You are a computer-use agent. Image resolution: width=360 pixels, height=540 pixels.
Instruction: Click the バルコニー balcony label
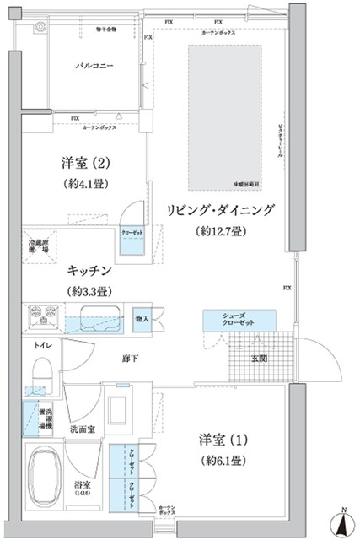pos(94,65)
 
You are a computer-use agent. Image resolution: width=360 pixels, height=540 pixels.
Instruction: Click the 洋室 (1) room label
pos(220,440)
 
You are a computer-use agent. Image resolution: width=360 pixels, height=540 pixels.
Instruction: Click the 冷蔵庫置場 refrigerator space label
pos(40,246)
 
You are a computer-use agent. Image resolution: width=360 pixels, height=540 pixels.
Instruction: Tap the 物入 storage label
pos(142,318)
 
